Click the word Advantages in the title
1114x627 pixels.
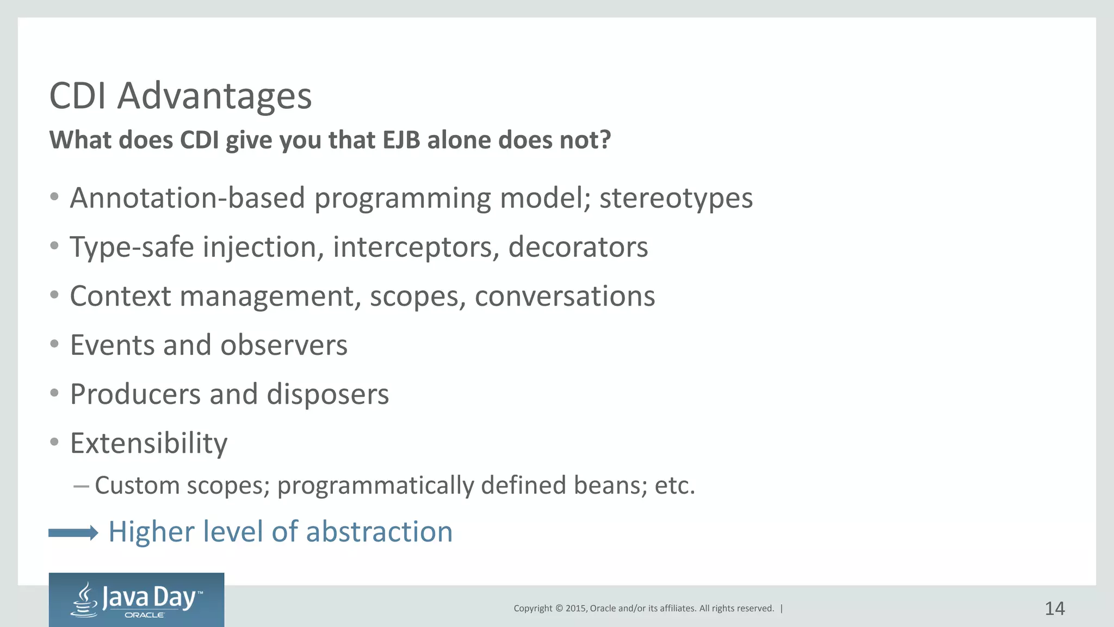click(x=214, y=96)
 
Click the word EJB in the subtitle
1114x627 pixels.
click(x=401, y=140)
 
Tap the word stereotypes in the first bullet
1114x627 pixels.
click(x=676, y=198)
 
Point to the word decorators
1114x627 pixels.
click(x=578, y=247)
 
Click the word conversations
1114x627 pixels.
click(x=565, y=297)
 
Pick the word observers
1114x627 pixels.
click(x=283, y=345)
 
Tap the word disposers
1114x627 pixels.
click(x=327, y=394)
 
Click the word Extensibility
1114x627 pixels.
click(x=148, y=443)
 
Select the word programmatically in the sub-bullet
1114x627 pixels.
click(x=375, y=485)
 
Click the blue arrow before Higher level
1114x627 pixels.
click(x=73, y=533)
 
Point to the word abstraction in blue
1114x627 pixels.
click(x=379, y=532)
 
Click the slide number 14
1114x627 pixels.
click(x=1054, y=608)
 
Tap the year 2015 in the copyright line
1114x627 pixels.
click(x=575, y=608)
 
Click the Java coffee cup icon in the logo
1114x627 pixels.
click(x=85, y=600)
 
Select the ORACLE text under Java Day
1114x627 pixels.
click(x=144, y=615)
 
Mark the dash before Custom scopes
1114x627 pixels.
click(x=81, y=485)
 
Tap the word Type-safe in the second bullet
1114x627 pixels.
click(x=132, y=247)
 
